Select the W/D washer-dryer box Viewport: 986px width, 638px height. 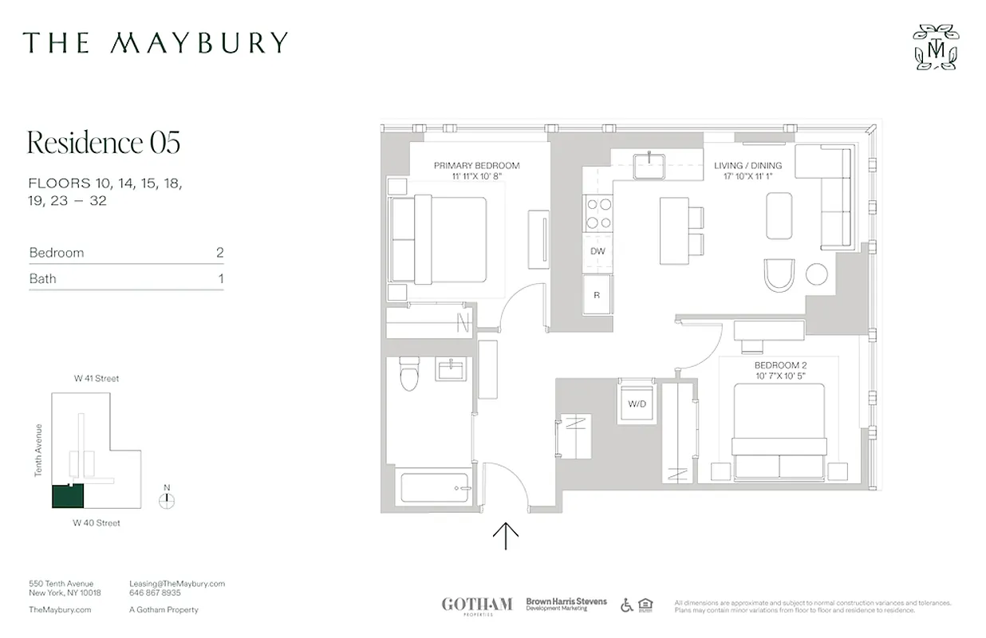[637, 404]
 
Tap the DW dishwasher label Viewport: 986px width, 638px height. [598, 251]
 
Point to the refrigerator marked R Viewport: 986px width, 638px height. [597, 295]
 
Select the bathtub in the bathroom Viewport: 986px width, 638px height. [435, 487]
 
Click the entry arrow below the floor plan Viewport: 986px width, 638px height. [506, 536]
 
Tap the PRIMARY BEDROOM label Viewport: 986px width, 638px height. [476, 166]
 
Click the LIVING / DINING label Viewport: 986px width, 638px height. [747, 166]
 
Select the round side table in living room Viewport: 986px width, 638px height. [816, 274]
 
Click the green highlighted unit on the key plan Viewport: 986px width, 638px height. [68, 496]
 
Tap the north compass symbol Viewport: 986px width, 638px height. [166, 500]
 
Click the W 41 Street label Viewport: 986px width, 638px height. [97, 379]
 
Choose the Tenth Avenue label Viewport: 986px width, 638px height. [38, 451]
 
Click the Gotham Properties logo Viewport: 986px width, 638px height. [477, 605]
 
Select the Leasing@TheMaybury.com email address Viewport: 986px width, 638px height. [177, 584]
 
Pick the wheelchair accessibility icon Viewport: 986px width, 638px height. [627, 605]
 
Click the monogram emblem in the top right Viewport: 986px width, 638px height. [936, 47]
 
